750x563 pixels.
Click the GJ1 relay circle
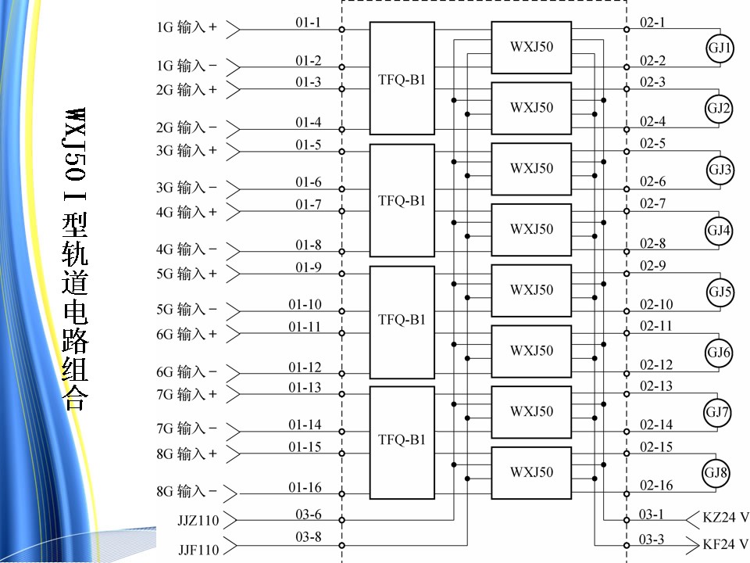click(x=720, y=48)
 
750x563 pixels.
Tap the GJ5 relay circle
click(x=720, y=292)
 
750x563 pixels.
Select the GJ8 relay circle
click(x=718, y=473)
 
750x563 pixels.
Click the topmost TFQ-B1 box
click(x=402, y=78)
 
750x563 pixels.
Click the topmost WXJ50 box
click(x=531, y=47)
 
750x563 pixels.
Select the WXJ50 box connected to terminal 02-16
click(x=531, y=472)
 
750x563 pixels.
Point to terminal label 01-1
click(x=308, y=22)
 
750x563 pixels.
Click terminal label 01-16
click(x=305, y=488)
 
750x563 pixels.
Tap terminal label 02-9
click(x=652, y=266)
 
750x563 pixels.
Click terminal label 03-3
click(x=652, y=539)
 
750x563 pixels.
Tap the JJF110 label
click(x=198, y=550)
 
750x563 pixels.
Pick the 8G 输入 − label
click(x=187, y=492)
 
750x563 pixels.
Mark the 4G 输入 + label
click(x=187, y=212)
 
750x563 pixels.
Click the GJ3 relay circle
click(x=720, y=170)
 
